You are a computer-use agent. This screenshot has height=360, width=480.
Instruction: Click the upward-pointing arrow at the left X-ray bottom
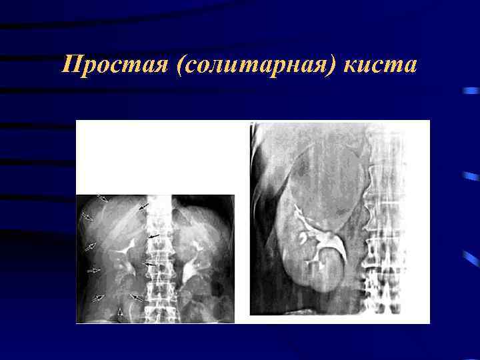click(120, 315)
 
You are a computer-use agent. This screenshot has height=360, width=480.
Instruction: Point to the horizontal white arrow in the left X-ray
click(93, 270)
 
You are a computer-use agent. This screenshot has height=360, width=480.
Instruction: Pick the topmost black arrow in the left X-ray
click(144, 208)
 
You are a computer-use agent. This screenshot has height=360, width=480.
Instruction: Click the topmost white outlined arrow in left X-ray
click(102, 198)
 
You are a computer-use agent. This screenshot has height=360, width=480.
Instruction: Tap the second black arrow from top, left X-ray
click(153, 236)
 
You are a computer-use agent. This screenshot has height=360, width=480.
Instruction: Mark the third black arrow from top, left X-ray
click(151, 265)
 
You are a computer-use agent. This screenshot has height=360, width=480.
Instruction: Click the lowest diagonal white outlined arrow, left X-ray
click(99, 297)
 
